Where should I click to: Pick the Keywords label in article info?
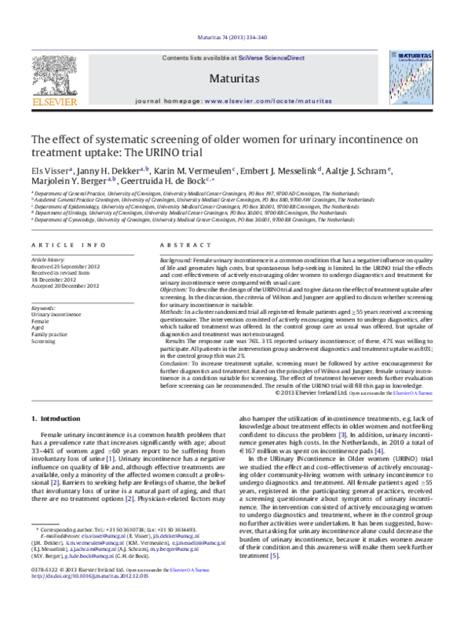[x=43, y=308]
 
